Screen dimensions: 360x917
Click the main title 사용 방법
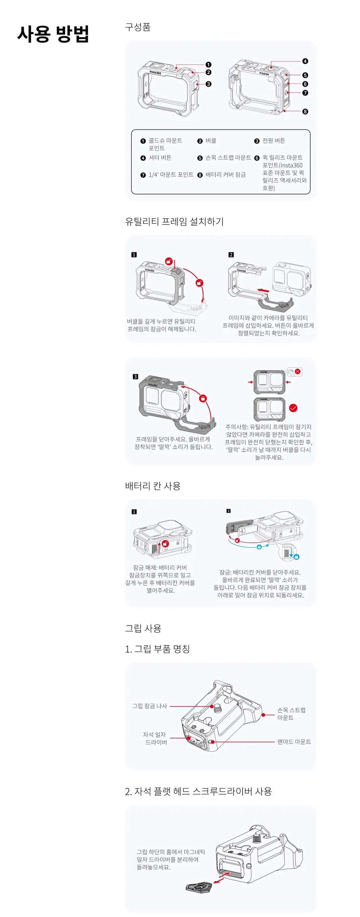point(53,34)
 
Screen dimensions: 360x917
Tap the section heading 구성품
point(138,27)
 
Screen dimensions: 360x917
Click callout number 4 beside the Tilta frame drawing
point(305,61)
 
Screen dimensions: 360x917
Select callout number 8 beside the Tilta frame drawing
point(305,112)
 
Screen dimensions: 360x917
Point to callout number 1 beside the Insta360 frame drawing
point(208,65)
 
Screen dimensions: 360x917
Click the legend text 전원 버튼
point(274,140)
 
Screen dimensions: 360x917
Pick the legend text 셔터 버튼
point(160,158)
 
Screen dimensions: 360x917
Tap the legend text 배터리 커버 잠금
point(225,175)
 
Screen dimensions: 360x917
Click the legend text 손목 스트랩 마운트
point(228,158)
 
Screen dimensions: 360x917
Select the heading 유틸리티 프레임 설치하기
point(174,221)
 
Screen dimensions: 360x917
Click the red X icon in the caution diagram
point(297,371)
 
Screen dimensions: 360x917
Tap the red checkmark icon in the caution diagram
point(293,408)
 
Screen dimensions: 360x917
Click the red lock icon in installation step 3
point(203,398)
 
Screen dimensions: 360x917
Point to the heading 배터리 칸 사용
point(153,486)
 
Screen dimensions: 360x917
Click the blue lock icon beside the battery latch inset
point(296,557)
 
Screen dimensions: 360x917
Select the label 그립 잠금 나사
point(150,706)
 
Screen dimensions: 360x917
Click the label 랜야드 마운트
point(294,742)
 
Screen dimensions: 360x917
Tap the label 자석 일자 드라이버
point(155,738)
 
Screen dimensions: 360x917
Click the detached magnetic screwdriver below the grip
point(199,887)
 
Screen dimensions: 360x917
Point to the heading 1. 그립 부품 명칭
point(157,649)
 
